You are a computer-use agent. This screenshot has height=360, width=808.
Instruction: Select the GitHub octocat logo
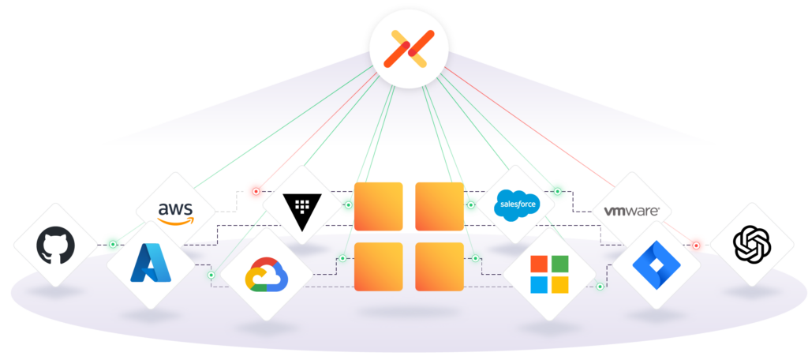(x=55, y=245)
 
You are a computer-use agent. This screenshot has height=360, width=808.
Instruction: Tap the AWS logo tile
(x=174, y=211)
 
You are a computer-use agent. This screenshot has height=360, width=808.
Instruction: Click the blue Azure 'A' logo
(x=150, y=264)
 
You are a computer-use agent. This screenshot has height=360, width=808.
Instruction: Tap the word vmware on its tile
(x=631, y=211)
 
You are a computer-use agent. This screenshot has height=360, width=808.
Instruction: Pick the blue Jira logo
(x=656, y=264)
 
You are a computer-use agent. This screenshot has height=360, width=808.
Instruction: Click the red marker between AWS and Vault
(x=255, y=191)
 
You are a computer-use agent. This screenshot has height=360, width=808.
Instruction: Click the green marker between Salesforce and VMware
(x=558, y=191)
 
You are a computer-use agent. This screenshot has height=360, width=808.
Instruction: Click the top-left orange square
(x=378, y=206)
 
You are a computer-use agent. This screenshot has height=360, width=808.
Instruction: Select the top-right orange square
(x=440, y=206)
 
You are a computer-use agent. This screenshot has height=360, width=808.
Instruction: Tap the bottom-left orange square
(x=378, y=267)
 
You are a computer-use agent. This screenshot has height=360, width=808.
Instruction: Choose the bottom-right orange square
(x=440, y=267)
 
